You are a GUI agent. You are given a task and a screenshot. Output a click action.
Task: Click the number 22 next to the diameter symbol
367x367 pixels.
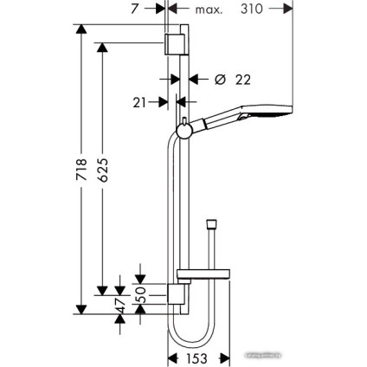(x=242, y=80)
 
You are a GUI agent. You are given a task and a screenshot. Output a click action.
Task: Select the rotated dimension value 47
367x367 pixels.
(x=122, y=305)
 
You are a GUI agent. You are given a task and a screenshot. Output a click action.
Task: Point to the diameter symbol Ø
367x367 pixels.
(x=219, y=80)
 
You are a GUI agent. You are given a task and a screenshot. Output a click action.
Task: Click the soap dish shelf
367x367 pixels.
(x=202, y=278)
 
